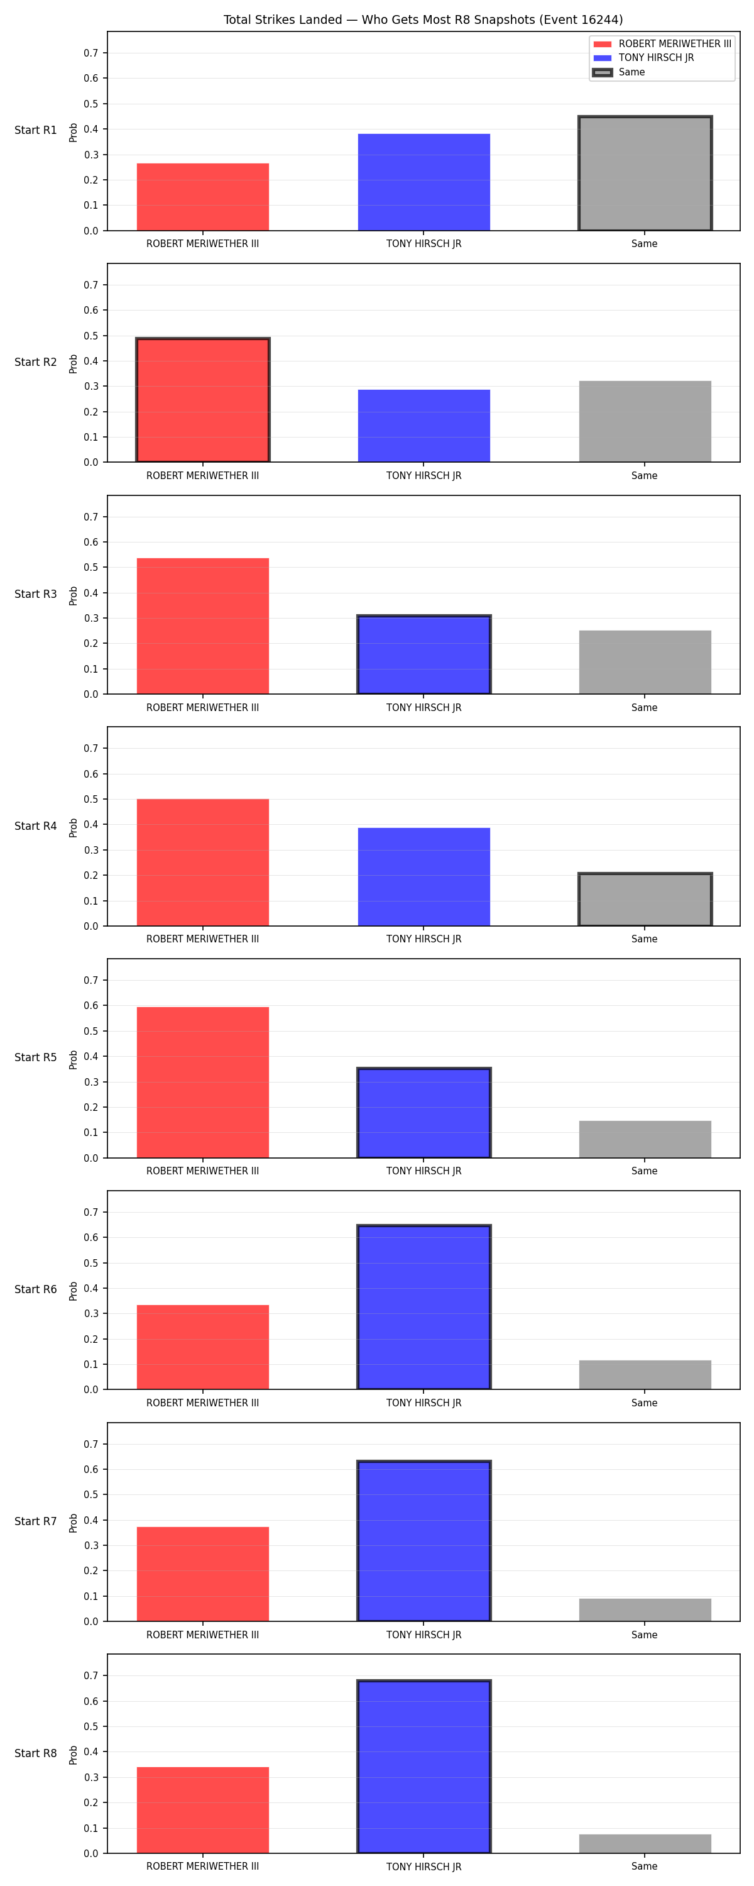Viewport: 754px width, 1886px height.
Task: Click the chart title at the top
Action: click(423, 19)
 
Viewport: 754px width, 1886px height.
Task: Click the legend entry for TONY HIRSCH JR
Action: click(643, 58)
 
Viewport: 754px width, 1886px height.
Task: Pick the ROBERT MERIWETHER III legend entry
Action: click(662, 44)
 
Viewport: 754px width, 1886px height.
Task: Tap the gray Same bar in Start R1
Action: click(645, 174)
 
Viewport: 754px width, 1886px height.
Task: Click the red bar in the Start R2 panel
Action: click(203, 400)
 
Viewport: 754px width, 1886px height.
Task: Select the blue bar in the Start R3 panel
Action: click(424, 654)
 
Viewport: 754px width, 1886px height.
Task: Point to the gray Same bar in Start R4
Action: click(645, 900)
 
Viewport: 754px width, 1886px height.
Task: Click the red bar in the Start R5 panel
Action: click(203, 1082)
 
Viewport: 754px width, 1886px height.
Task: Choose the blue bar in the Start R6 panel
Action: click(424, 1307)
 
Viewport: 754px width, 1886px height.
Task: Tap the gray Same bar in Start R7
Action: click(645, 1609)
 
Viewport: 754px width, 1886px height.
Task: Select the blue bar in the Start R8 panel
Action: click(424, 1767)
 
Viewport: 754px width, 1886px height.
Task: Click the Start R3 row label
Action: click(36, 593)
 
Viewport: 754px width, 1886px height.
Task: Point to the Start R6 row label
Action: click(36, 1289)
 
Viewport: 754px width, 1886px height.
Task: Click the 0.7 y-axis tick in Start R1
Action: click(90, 53)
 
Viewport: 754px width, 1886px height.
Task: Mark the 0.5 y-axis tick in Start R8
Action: click(90, 1726)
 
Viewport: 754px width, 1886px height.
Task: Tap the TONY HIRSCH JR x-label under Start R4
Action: click(424, 939)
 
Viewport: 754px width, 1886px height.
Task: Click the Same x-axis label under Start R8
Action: click(644, 1867)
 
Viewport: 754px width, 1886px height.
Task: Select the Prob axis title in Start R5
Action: click(74, 1059)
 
